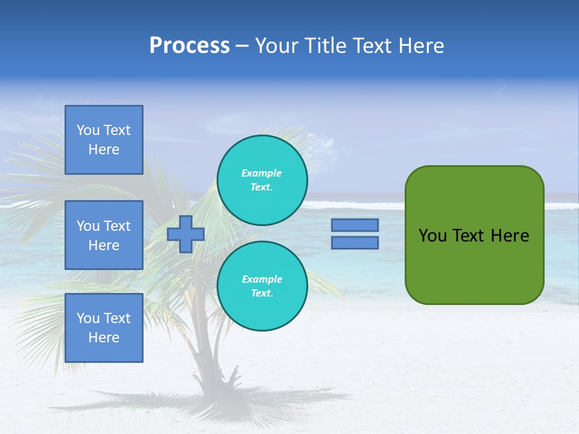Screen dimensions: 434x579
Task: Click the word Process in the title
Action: click(x=189, y=46)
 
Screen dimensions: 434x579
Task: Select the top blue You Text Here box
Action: click(x=104, y=140)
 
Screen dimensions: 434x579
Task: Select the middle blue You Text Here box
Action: click(x=104, y=235)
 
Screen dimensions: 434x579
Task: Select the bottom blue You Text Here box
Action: click(x=104, y=328)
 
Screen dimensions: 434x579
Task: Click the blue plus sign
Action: click(x=186, y=234)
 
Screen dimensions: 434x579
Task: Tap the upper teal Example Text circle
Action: click(x=262, y=180)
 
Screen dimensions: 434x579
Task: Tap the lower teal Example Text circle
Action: click(x=262, y=286)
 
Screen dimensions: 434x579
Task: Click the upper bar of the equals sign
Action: click(x=355, y=225)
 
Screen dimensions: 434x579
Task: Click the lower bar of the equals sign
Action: click(x=355, y=243)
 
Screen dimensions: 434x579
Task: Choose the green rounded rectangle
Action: click(x=474, y=265)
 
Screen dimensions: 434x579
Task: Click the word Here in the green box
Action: click(x=510, y=236)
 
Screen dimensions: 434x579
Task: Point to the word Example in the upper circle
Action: click(x=262, y=173)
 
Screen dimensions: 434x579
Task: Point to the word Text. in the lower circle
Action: click(x=262, y=294)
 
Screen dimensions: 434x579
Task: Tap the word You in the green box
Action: click(x=433, y=236)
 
